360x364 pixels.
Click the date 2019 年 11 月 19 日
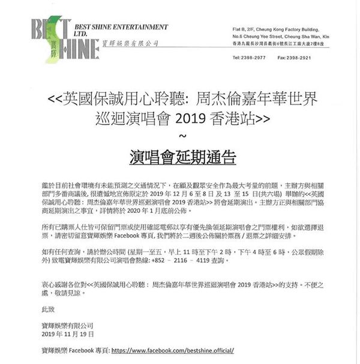(68, 333)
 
